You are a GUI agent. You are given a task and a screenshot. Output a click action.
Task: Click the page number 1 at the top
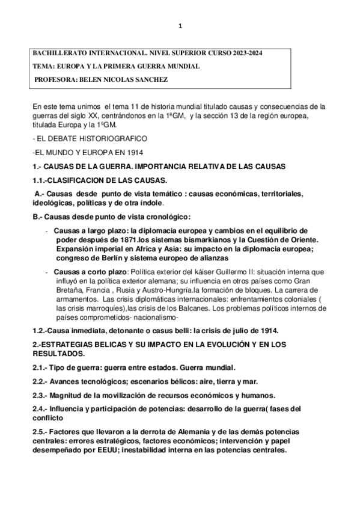[x=180, y=26]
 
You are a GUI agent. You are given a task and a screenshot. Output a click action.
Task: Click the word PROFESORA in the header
[x=55, y=79]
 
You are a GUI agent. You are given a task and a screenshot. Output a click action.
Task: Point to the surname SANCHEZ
[x=150, y=79]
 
